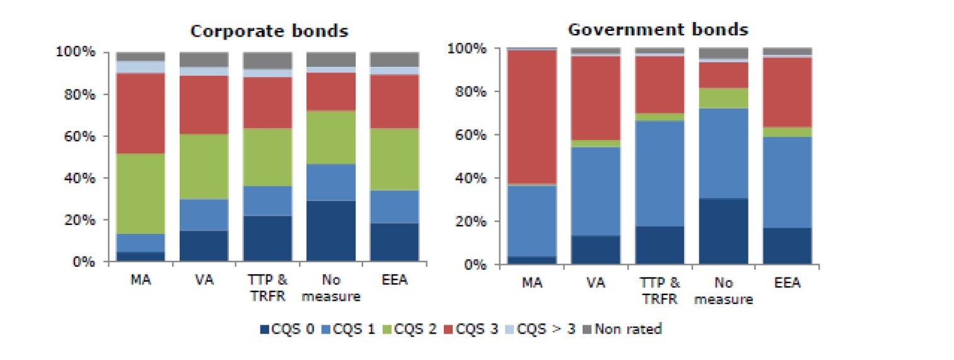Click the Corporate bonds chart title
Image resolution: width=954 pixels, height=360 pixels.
(269, 31)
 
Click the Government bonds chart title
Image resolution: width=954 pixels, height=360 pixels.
(658, 29)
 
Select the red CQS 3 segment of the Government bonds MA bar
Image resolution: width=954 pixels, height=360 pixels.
(532, 117)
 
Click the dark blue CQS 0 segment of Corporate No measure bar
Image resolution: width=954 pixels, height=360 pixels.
(330, 231)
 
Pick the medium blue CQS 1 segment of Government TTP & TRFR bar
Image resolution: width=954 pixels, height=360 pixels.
(660, 173)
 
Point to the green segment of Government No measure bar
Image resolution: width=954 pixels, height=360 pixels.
(723, 98)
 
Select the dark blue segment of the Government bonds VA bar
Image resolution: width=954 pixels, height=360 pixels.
(596, 250)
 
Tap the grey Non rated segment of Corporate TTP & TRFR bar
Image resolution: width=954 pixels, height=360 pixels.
(267, 61)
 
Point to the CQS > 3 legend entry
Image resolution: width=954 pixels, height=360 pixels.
(547, 328)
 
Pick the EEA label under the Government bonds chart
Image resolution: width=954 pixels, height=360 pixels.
(787, 284)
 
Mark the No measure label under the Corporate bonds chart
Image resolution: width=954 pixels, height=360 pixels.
(330, 288)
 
